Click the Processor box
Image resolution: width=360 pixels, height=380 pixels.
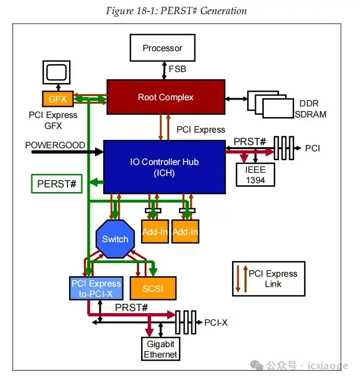(x=162, y=48)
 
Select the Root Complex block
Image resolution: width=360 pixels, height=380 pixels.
(x=166, y=97)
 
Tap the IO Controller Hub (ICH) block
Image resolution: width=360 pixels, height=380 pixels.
(x=164, y=167)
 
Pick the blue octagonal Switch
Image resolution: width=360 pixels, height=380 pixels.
(x=115, y=239)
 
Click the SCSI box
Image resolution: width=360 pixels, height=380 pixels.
(x=153, y=288)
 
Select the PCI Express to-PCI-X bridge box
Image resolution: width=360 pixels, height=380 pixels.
(x=96, y=288)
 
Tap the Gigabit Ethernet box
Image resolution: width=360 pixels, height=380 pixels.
(x=160, y=349)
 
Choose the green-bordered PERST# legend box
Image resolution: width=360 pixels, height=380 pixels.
(x=57, y=184)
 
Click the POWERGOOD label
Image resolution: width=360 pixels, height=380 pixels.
(x=55, y=145)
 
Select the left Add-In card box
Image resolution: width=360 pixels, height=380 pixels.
(x=155, y=232)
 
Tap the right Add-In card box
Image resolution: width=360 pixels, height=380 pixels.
(x=185, y=232)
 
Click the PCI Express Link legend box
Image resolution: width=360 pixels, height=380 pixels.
(x=269, y=279)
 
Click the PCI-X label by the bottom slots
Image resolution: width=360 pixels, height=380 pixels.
(x=216, y=323)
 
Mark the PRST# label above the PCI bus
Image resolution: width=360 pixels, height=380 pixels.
(x=250, y=142)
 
